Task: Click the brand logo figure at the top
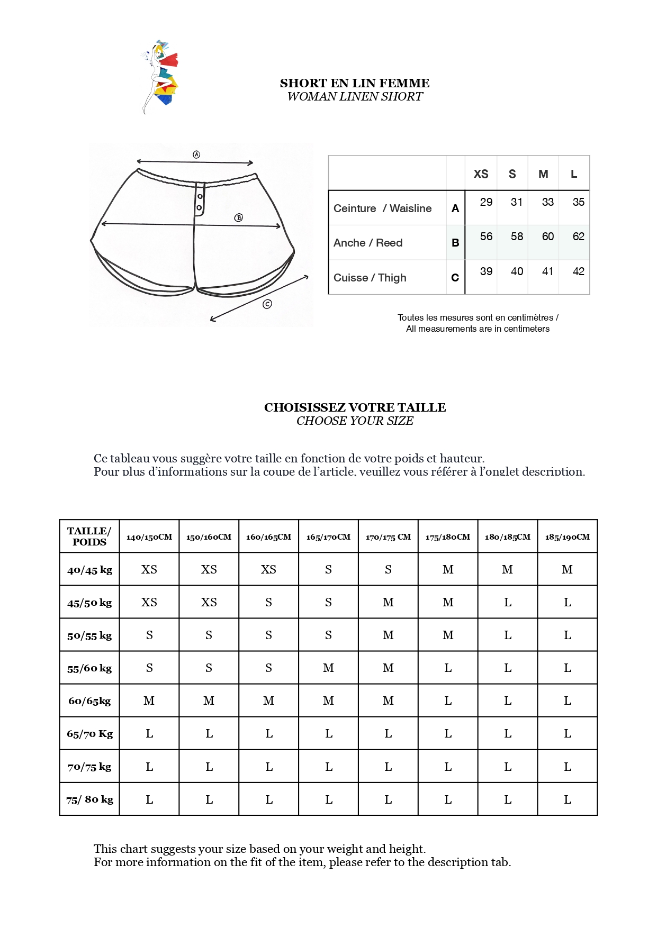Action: coord(160,76)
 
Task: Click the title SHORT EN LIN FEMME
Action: coord(354,83)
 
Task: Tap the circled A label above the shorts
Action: coord(196,154)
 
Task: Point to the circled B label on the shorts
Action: coord(239,217)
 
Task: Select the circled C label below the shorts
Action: coord(267,304)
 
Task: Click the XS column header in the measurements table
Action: coord(481,174)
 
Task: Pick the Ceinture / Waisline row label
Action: coord(382,208)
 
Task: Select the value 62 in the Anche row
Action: coord(578,236)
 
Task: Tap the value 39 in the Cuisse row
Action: coord(486,271)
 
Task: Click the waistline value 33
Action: coord(547,202)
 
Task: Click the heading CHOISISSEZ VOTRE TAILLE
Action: coord(355,407)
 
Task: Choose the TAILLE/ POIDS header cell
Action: coord(89,536)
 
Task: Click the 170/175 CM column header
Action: coord(388,537)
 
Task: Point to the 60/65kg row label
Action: coord(89,701)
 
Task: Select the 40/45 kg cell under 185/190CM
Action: coord(567,569)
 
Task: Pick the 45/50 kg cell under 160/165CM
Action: coord(268,602)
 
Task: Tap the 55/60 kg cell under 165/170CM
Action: coord(328,668)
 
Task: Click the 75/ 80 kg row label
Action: coord(89,799)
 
